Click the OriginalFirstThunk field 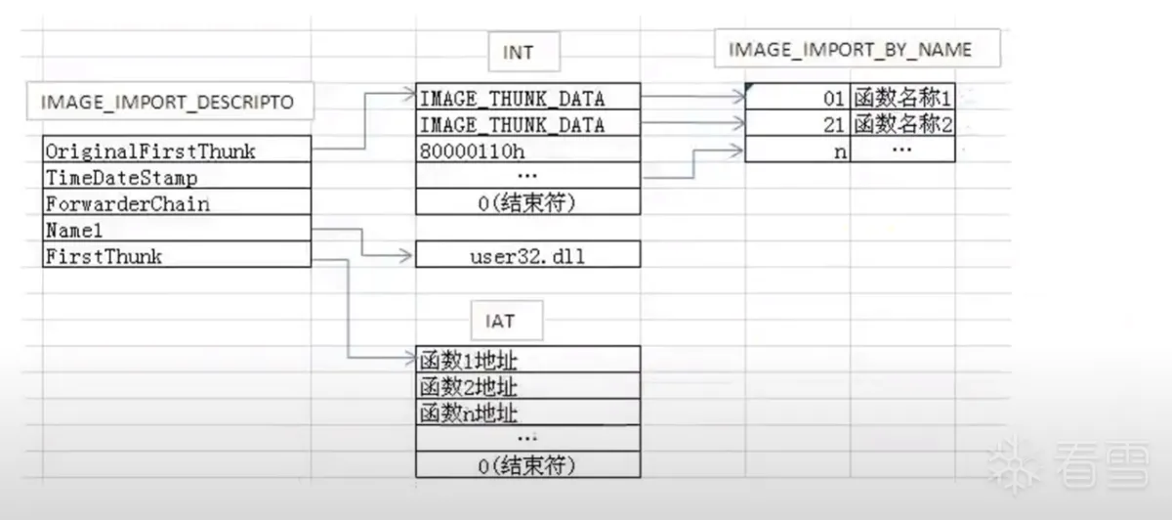point(177,152)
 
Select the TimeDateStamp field point(177,178)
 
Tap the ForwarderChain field point(177,204)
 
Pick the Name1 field point(177,231)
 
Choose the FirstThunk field point(177,257)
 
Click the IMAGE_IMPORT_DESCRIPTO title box point(167,101)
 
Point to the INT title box point(518,52)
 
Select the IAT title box point(500,319)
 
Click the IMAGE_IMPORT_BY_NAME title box point(850,50)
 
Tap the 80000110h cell point(527,152)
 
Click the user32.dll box point(527,256)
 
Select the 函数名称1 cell point(902,98)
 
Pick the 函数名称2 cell point(902,124)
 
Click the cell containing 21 point(797,124)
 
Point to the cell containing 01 point(797,98)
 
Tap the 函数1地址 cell point(527,360)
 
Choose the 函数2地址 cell point(527,386)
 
